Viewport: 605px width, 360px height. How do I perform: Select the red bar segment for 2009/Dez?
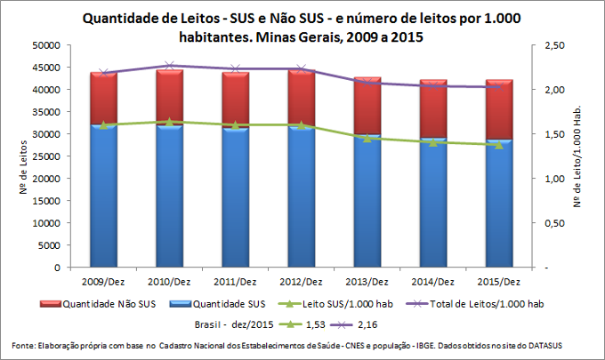coord(104,98)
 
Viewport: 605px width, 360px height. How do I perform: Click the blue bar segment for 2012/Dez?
coord(301,196)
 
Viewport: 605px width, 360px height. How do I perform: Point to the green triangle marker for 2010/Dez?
coord(170,122)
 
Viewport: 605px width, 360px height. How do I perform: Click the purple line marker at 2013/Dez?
coord(367,82)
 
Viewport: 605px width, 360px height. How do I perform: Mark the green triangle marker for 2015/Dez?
coord(498,144)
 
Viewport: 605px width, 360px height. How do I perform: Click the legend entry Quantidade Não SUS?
coord(98,304)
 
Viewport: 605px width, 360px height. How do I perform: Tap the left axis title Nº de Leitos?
coord(19,156)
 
